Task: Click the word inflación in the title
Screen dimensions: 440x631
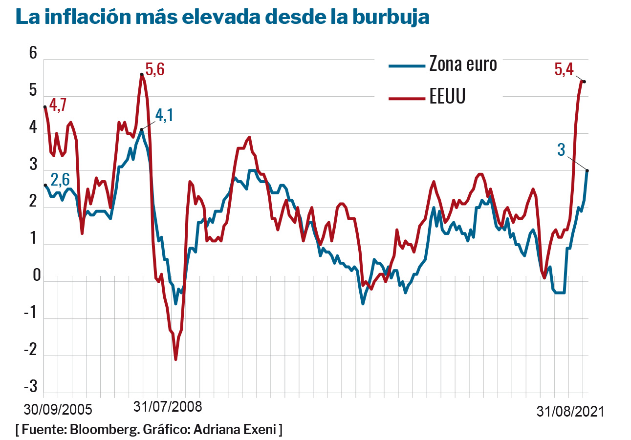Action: point(96,17)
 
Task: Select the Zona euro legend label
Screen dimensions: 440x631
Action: point(463,64)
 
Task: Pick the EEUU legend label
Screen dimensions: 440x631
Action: point(448,97)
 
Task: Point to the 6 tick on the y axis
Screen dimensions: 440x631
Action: point(33,53)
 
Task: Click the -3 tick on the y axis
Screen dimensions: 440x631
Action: point(30,387)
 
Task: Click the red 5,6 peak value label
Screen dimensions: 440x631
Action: point(155,70)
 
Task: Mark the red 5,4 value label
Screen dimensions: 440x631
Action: point(564,69)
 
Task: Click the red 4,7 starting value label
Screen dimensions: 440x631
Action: point(58,105)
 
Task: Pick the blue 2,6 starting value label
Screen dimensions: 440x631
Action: point(60,179)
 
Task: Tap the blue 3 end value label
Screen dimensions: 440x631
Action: point(561,150)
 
